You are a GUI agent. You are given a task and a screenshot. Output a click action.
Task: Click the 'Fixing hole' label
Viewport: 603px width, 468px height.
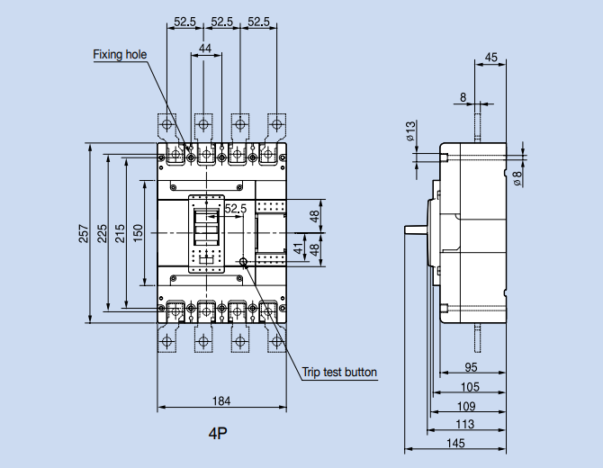pos(120,54)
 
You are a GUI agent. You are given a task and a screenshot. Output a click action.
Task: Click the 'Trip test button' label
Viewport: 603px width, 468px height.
pos(339,372)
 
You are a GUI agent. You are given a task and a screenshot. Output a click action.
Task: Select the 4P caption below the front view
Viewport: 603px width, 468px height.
pos(218,434)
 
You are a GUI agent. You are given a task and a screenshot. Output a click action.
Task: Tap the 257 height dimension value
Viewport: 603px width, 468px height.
pos(84,233)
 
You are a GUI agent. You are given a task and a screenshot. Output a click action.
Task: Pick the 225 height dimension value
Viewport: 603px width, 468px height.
pos(102,233)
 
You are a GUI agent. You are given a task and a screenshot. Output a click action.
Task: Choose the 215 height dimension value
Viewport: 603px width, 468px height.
pos(120,233)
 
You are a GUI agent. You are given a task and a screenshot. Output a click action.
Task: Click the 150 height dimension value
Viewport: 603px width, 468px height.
pos(138,231)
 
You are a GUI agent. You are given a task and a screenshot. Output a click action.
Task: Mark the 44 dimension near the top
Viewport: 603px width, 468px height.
pos(206,48)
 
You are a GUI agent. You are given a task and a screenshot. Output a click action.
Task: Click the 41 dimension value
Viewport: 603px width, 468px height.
pos(299,247)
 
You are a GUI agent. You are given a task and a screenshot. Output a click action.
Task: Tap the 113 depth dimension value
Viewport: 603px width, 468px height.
pos(464,424)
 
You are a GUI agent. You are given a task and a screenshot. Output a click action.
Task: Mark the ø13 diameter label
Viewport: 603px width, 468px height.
pos(409,132)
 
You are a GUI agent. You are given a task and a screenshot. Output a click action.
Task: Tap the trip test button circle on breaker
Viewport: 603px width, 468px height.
pos(244,262)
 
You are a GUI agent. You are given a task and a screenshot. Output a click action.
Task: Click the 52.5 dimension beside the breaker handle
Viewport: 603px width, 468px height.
pos(235,209)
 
